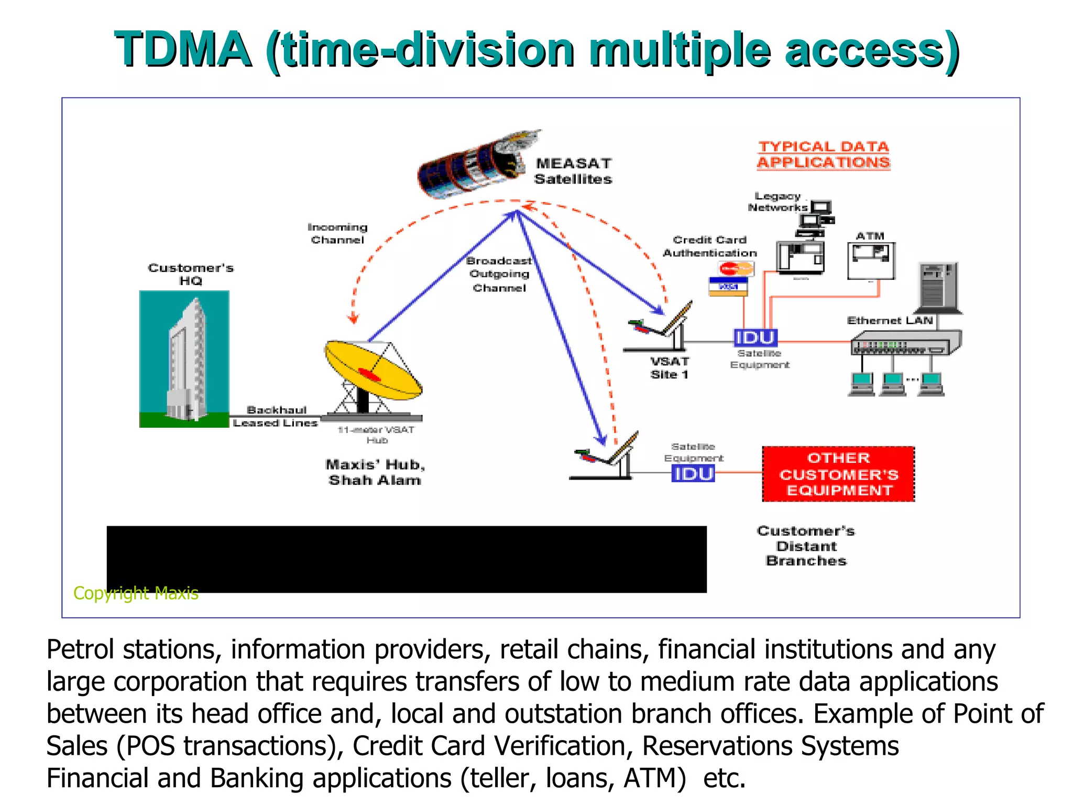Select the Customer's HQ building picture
click(184, 359)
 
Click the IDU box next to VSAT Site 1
click(754, 338)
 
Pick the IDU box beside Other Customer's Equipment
click(693, 474)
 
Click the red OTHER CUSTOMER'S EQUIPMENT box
click(838, 474)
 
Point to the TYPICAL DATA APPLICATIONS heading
click(824, 155)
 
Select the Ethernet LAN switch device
click(905, 343)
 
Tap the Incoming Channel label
click(337, 233)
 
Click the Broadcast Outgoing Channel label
click(499, 274)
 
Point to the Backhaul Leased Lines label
click(276, 416)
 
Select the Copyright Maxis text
click(136, 593)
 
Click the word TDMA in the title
click(183, 50)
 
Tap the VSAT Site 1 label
click(670, 368)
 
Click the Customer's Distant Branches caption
click(806, 546)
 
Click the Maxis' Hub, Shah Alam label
click(375, 472)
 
